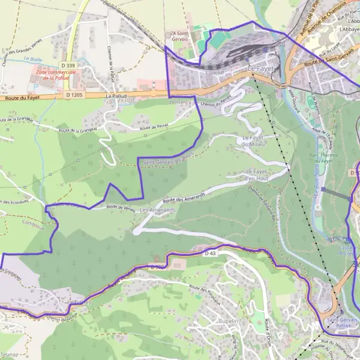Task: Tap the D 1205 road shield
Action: [x=74, y=95]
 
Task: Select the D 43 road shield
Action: [x=210, y=254]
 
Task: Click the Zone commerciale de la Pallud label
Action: [x=55, y=74]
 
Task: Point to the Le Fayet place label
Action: [x=260, y=70]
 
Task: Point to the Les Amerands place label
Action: [x=157, y=210]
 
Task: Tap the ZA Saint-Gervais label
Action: [x=179, y=37]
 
